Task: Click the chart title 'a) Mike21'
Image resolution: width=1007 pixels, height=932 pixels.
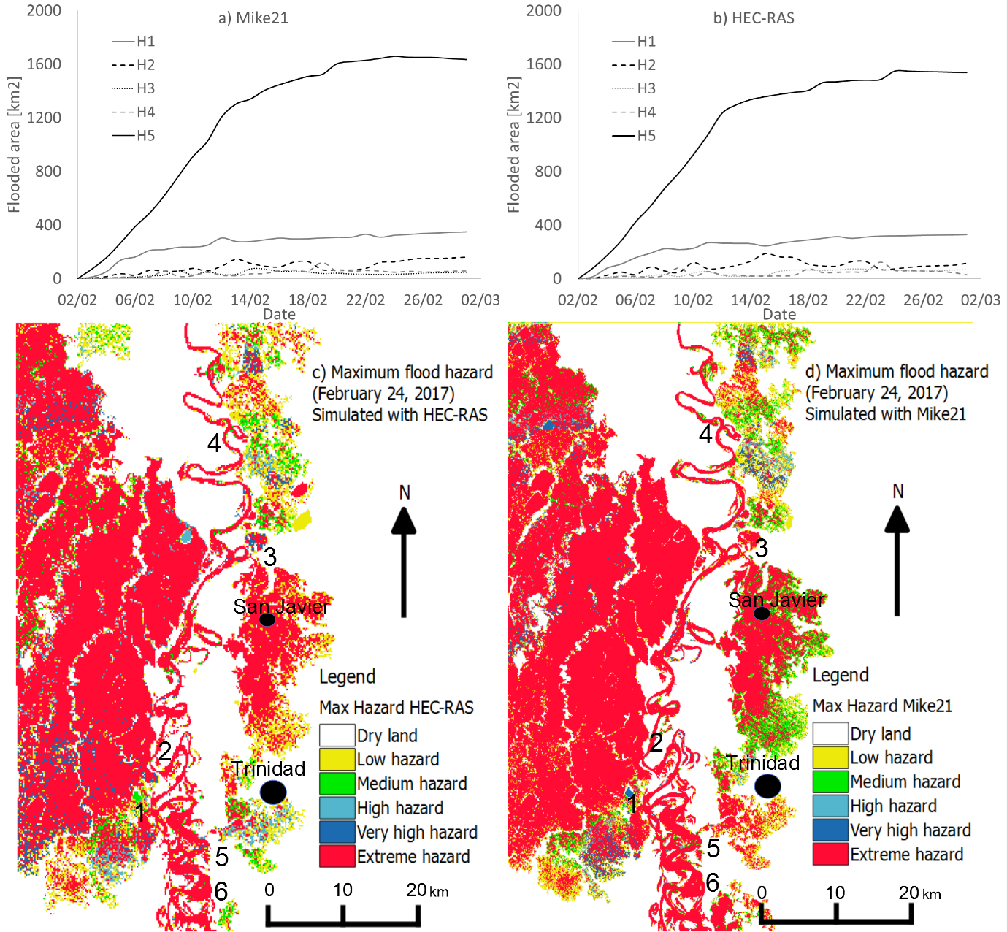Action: (253, 18)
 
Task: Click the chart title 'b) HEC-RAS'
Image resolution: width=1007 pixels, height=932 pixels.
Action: (754, 18)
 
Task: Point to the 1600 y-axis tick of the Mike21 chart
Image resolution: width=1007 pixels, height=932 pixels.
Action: (44, 64)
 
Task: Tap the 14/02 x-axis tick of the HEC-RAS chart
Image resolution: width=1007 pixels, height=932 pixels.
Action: (750, 300)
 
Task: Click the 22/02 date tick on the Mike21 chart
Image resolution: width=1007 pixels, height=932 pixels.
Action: (365, 300)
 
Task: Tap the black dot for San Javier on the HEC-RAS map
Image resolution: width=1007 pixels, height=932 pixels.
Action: (267, 619)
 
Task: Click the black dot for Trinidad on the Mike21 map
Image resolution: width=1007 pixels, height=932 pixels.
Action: (767, 786)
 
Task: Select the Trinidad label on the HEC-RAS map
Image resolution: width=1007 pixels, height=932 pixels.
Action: (269, 768)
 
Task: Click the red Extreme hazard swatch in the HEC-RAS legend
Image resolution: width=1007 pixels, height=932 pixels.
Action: (337, 856)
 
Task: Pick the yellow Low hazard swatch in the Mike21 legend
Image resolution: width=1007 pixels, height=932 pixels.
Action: (830, 757)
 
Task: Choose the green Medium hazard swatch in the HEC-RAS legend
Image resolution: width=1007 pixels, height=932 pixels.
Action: (337, 784)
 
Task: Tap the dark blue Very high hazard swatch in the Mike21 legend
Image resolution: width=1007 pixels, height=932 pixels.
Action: (830, 830)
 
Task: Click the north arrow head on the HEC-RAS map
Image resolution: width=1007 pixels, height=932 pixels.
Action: (404, 521)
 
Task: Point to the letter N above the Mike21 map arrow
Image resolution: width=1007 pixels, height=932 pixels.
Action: (898, 492)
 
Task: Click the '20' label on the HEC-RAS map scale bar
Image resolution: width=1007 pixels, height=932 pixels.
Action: (417, 890)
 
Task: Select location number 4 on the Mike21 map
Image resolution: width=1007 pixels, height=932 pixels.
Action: (705, 435)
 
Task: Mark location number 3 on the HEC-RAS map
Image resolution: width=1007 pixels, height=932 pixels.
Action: (270, 557)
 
